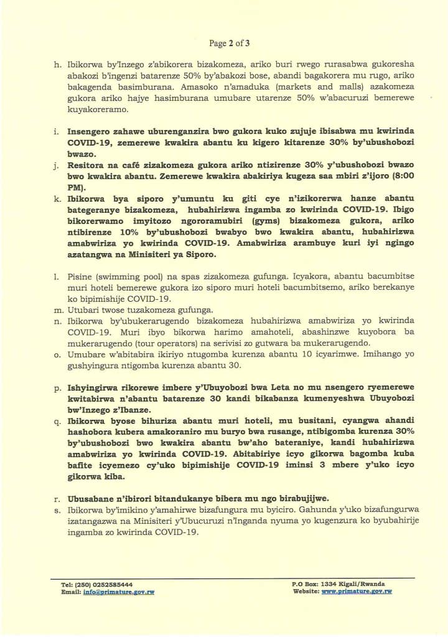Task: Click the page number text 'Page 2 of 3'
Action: click(x=230, y=44)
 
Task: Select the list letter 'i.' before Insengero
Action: click(x=57, y=133)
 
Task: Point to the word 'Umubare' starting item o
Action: click(x=85, y=355)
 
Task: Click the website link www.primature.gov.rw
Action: click(x=356, y=592)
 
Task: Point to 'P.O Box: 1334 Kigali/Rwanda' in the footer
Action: click(x=338, y=585)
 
